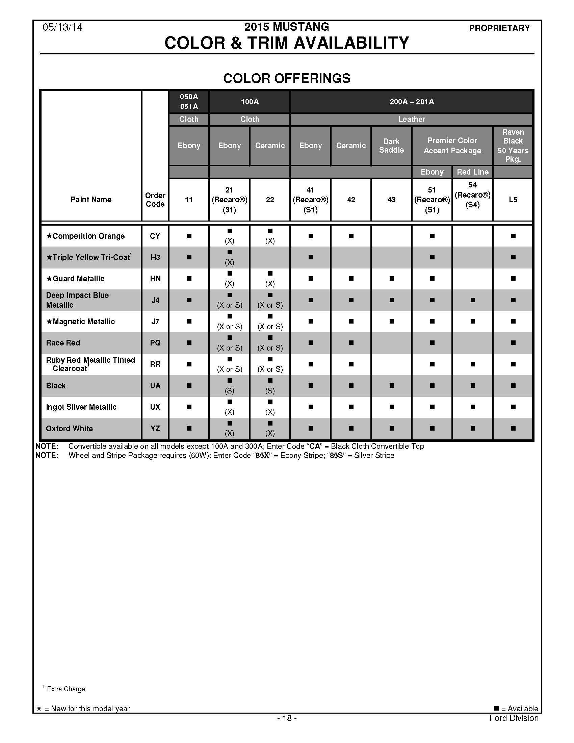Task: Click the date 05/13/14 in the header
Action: point(62,27)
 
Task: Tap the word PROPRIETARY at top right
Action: point(499,28)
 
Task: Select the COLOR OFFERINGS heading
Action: point(287,79)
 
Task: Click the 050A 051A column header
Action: point(189,102)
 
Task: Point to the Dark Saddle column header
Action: point(391,146)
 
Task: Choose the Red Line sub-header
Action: point(472,172)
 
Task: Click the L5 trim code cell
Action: point(513,200)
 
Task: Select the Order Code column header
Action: point(155,200)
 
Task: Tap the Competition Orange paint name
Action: point(88,236)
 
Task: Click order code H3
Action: point(155,258)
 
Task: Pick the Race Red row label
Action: point(63,343)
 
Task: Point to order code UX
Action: point(155,407)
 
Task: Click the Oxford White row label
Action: point(69,429)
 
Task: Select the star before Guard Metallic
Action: point(49,279)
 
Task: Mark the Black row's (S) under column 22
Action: point(270,390)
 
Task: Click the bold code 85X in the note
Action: point(262,456)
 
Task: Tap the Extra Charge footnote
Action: point(66,689)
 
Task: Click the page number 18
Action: point(287,718)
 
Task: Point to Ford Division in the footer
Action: point(514,718)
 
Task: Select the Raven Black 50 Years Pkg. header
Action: point(513,146)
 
